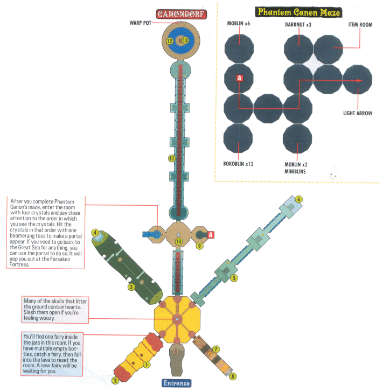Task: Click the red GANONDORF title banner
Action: pyautogui.click(x=181, y=14)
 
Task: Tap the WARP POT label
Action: pyautogui.click(x=141, y=23)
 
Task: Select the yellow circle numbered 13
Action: pyautogui.click(x=185, y=40)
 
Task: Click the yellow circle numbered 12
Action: pyautogui.click(x=170, y=41)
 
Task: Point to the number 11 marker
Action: pyautogui.click(x=172, y=158)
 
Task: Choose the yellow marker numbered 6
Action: pyautogui.click(x=298, y=199)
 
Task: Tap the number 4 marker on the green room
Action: pyautogui.click(x=95, y=233)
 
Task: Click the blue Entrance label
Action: pyautogui.click(x=176, y=383)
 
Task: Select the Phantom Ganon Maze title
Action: pyautogui.click(x=298, y=12)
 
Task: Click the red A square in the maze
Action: pyautogui.click(x=239, y=78)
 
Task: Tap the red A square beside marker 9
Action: pyautogui.click(x=211, y=235)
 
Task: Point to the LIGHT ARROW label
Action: pyautogui.click(x=358, y=113)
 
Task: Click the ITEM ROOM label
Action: pyautogui.click(x=360, y=25)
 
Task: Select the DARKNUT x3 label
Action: pyautogui.click(x=298, y=25)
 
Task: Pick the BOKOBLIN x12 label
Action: pyautogui.click(x=238, y=164)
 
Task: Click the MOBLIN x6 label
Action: pyautogui.click(x=239, y=24)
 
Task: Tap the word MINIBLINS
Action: pyautogui.click(x=295, y=171)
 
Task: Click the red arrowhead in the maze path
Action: pyautogui.click(x=359, y=81)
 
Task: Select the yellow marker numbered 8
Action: pyautogui.click(x=232, y=376)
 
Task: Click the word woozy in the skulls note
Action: pyautogui.click(x=47, y=318)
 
